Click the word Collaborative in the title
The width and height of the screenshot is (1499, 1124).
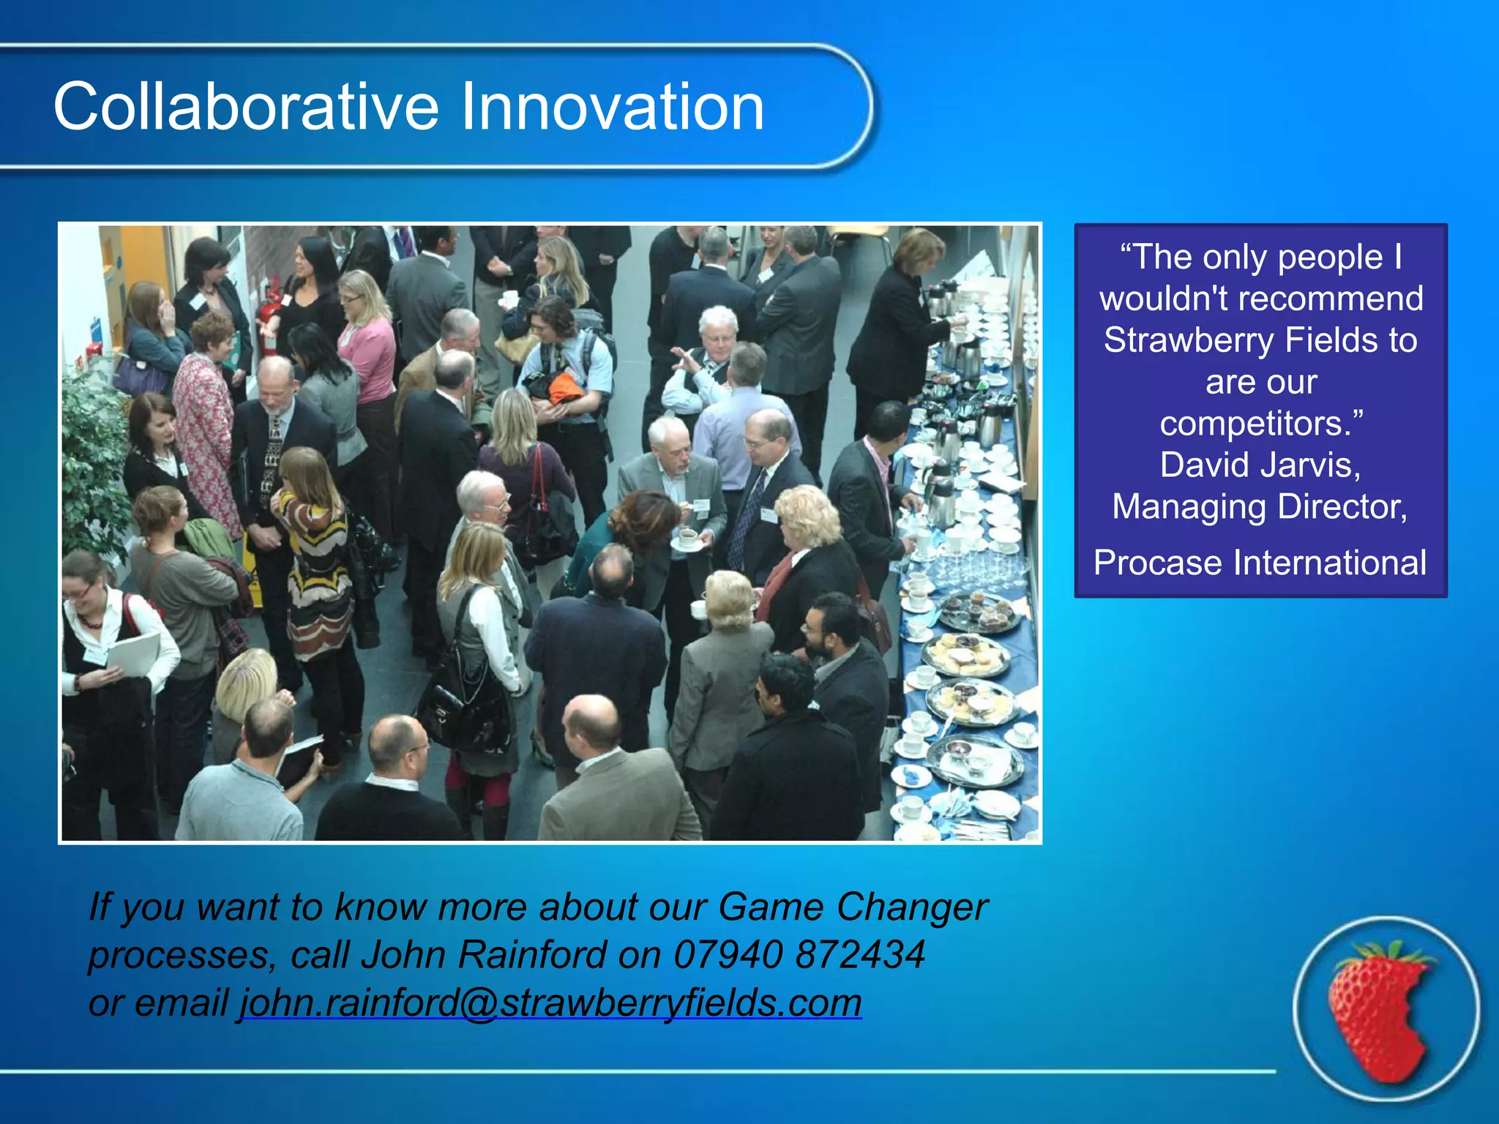(x=246, y=107)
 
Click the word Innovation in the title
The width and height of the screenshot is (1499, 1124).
(x=611, y=107)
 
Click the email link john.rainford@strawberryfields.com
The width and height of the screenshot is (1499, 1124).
(x=550, y=1002)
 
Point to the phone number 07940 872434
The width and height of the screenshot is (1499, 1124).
(x=799, y=954)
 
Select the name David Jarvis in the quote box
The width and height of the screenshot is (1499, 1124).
(x=1260, y=465)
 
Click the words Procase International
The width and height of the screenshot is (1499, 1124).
(x=1260, y=563)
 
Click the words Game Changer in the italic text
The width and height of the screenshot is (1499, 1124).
(x=853, y=907)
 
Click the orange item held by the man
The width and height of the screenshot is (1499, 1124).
(x=565, y=389)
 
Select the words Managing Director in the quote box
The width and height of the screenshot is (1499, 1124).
(x=1260, y=506)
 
